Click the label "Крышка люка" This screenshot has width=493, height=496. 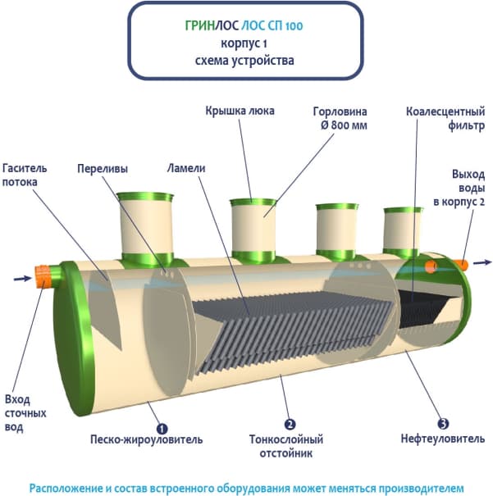pos(240,111)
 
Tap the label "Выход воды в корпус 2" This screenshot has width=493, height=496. pos(468,187)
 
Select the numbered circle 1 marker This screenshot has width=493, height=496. pos(162,426)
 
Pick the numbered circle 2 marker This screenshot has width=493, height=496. pos(290,424)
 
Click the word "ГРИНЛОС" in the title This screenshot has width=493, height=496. pos(199,26)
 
